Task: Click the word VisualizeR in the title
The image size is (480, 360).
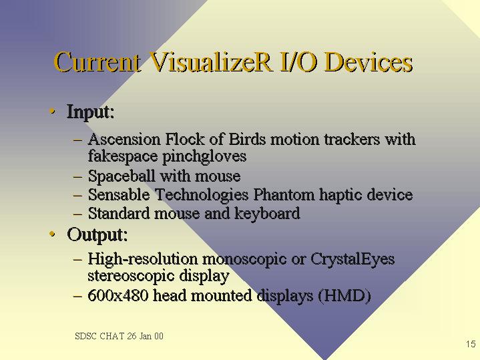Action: pyautogui.click(x=211, y=62)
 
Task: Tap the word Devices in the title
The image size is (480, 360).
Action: pyautogui.click(x=369, y=62)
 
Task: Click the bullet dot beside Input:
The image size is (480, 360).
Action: pyautogui.click(x=52, y=111)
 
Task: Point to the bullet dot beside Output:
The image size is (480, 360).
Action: pyautogui.click(x=52, y=234)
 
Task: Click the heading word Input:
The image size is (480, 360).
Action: pyautogui.click(x=91, y=112)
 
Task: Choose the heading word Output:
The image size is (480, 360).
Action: pyautogui.click(x=97, y=235)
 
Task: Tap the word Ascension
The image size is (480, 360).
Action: pyautogui.click(x=124, y=139)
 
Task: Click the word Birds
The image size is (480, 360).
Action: pyautogui.click(x=247, y=139)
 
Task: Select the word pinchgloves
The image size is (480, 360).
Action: pyautogui.click(x=204, y=156)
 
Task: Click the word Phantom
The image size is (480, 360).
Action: pyautogui.click(x=284, y=194)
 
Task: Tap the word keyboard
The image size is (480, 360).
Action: pyautogui.click(x=267, y=214)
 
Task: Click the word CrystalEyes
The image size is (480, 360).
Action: pyautogui.click(x=352, y=260)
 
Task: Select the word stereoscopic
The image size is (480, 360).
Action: pyautogui.click(x=131, y=276)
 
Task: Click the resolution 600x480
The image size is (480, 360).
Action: pyautogui.click(x=118, y=295)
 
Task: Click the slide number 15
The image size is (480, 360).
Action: pyautogui.click(x=471, y=344)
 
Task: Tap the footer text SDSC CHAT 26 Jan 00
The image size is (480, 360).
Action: pyautogui.click(x=119, y=336)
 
